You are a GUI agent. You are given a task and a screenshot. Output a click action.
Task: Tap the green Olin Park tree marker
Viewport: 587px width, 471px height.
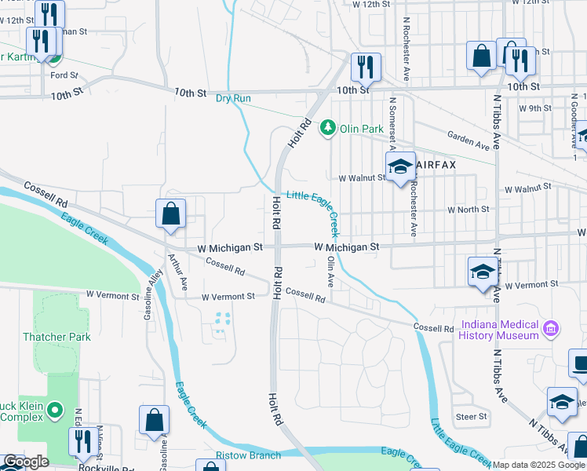point(327,128)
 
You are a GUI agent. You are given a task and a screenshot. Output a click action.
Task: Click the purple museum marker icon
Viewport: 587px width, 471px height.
point(550,327)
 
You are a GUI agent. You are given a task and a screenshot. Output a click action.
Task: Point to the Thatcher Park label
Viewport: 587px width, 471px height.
point(57,337)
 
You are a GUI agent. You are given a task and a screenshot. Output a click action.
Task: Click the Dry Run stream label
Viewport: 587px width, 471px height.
point(233,98)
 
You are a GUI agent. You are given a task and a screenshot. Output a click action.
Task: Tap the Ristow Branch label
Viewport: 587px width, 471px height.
point(248,455)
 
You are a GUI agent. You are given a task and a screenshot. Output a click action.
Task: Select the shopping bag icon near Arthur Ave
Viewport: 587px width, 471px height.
point(170,214)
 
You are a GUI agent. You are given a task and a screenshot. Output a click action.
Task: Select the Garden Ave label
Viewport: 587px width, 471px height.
point(469,141)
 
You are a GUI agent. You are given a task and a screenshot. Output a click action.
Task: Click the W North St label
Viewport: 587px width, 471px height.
point(468,210)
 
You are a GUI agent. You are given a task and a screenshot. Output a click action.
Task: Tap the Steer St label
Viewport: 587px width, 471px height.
point(471,416)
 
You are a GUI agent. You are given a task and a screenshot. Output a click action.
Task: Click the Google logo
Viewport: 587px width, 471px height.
point(26,462)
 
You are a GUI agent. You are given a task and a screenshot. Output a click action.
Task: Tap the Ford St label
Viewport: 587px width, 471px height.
point(64,75)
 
